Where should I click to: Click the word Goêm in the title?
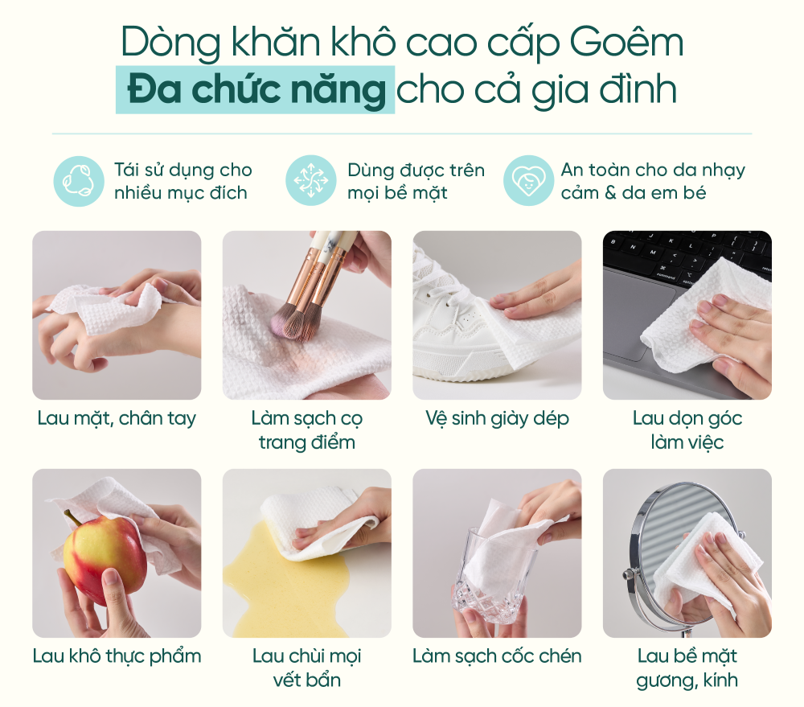coord(626,42)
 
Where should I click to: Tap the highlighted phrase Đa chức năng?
coord(256,90)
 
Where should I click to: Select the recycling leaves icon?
coord(79,181)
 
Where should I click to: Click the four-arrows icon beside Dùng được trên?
coord(310,181)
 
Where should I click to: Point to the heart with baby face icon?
coord(528,181)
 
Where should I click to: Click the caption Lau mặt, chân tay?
coord(117,419)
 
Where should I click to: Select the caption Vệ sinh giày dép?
coord(498,419)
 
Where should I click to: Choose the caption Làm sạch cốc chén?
coord(498,656)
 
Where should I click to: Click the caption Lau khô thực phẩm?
coord(117,656)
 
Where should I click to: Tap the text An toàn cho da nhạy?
coord(653,170)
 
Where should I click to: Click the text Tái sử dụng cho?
coord(183,170)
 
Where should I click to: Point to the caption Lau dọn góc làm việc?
coord(687,430)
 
